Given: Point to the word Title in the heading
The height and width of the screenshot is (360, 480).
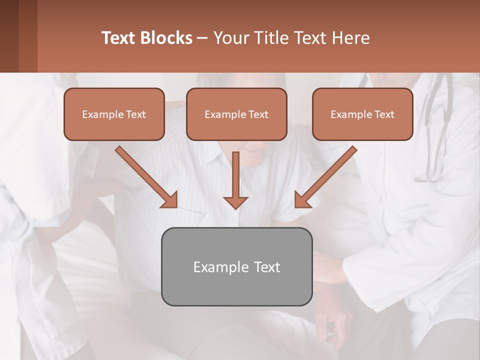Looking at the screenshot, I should (x=273, y=38).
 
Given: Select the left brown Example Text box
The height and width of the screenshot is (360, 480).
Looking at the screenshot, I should (x=114, y=114).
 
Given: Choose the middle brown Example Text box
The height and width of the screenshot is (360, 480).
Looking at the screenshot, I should (x=236, y=114).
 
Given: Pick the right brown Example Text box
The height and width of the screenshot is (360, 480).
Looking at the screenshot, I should (x=362, y=114).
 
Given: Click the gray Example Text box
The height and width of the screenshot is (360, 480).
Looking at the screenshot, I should (x=236, y=266).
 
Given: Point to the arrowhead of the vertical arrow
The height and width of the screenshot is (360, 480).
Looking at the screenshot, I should (x=235, y=202).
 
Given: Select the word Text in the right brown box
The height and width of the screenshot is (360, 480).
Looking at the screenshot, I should (x=384, y=114).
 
